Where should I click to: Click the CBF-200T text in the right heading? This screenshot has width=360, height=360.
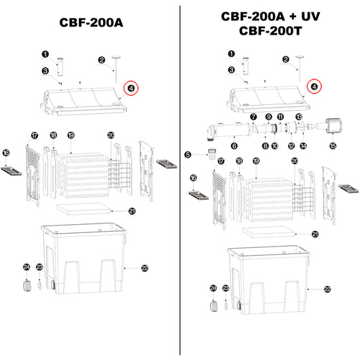[270, 31]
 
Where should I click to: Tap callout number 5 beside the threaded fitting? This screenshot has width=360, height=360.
[188, 154]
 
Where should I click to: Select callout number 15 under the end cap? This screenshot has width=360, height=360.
[332, 145]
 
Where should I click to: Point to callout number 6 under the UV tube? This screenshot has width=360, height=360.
[234, 145]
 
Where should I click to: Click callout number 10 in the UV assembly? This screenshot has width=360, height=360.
[274, 145]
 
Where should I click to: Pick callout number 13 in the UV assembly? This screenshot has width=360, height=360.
[297, 117]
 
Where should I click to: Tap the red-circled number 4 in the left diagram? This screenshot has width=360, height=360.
[130, 87]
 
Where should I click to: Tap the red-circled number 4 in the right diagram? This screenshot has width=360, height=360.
[313, 86]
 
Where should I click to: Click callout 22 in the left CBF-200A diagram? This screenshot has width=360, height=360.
[144, 269]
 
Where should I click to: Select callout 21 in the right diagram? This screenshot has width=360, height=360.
[314, 234]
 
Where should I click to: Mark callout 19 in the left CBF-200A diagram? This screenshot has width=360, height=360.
[71, 136]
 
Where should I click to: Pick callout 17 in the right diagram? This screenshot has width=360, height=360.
[220, 161]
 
